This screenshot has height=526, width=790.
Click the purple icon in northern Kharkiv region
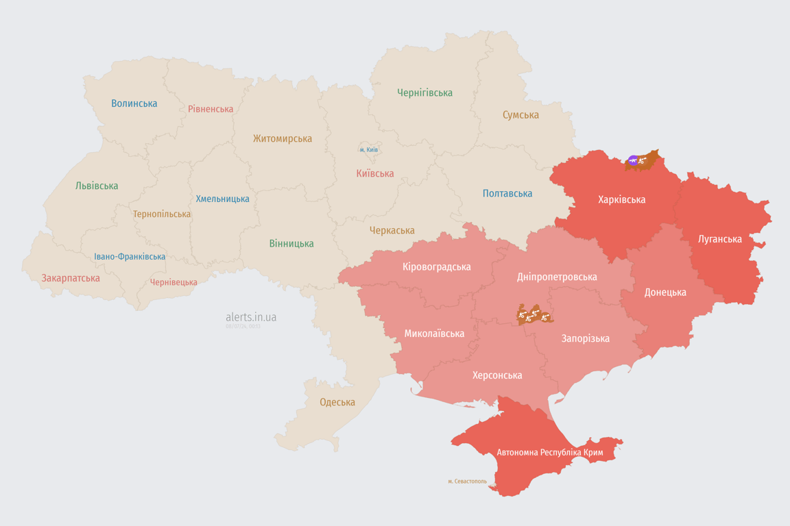633,161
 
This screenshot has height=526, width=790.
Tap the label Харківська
621,200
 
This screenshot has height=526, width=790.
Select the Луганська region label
719,239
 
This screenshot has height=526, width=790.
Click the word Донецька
665,292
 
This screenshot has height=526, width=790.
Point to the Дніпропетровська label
556,277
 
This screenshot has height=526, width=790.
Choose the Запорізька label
585,338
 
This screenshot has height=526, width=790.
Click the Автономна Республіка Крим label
549,453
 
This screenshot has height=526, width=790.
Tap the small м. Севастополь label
467,481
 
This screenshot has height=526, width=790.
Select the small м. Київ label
369,149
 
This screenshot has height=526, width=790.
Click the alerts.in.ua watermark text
251,317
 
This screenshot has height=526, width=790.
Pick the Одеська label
337,402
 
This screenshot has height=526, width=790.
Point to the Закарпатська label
71,278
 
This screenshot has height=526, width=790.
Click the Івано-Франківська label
130,257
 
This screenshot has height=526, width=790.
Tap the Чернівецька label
173,282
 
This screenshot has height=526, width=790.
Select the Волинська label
134,103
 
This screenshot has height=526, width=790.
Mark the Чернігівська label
424,92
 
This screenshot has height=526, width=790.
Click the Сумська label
520,115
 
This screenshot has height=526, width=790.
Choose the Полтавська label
507,194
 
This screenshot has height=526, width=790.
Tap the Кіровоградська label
437,266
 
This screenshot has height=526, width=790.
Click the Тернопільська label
162,214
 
